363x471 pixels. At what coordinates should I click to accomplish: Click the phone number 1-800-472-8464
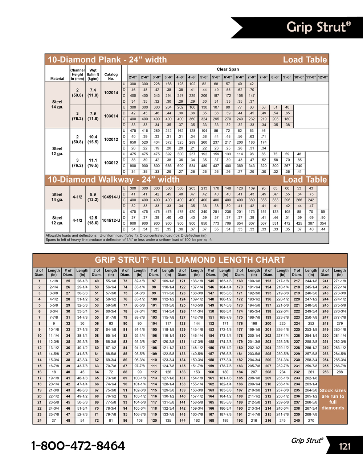point(78,446)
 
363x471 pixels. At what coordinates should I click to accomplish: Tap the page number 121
point(344,446)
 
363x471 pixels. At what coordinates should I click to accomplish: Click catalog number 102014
point(111,93)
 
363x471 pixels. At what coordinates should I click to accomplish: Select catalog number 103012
point(111,163)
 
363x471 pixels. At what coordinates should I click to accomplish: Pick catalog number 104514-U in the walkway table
point(111,197)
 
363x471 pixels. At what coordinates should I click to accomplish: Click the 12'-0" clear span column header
point(323,77)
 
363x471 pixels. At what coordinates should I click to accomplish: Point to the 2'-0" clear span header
point(133,77)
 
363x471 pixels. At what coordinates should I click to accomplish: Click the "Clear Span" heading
point(228,69)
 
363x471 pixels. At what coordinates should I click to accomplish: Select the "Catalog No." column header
point(111,76)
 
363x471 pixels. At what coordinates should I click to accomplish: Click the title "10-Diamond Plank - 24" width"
point(107,60)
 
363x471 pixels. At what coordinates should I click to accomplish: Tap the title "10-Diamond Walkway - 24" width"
point(114,180)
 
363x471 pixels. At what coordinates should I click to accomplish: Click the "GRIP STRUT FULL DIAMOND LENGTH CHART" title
point(190,260)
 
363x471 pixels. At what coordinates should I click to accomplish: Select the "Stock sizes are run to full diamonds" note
point(333,399)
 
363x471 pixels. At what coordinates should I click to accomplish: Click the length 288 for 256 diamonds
point(339,372)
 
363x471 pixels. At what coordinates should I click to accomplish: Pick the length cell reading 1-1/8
point(54,281)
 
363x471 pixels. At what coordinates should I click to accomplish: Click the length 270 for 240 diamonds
point(311,421)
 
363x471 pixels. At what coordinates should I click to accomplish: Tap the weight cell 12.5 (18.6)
point(93,221)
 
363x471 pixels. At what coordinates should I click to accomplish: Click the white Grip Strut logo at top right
point(318,27)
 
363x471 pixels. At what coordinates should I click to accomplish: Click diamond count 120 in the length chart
point(154,421)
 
